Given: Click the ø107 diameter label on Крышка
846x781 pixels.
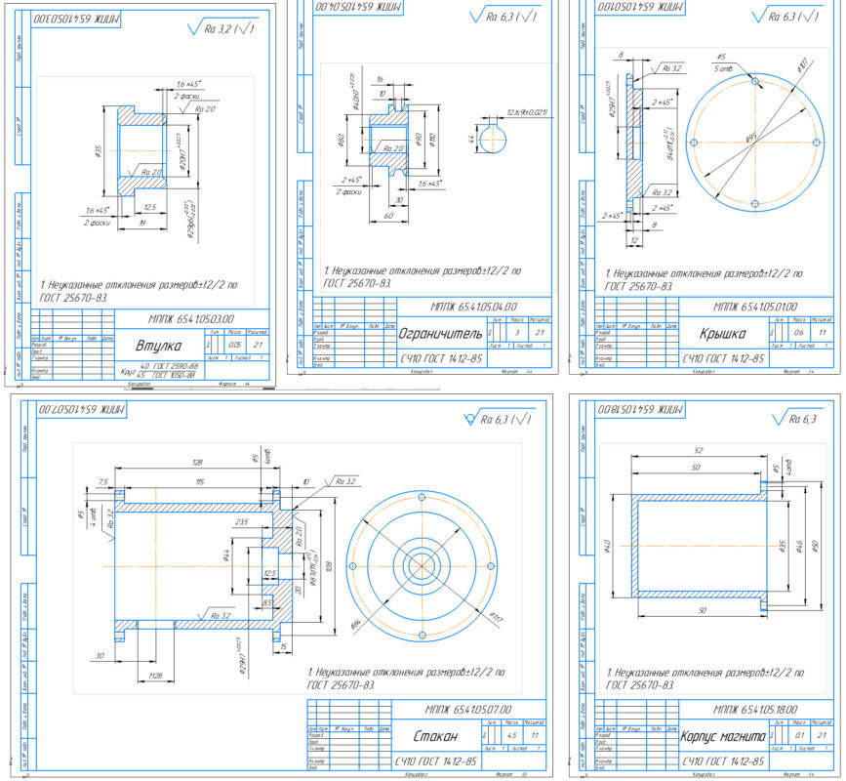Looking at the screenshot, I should coord(802,66).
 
